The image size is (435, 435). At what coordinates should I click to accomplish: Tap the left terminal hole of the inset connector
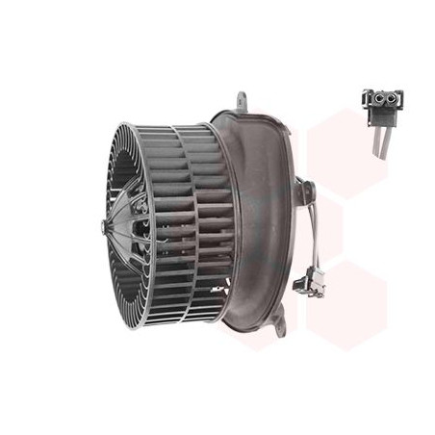coord(376,98)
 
